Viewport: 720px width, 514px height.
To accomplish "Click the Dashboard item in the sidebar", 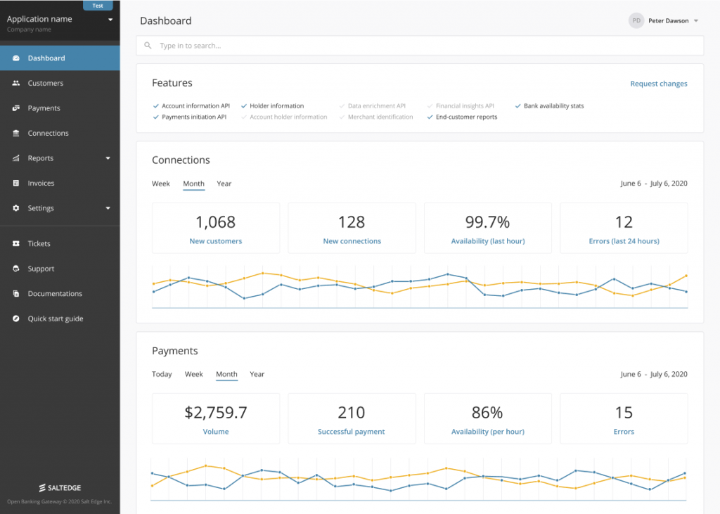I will click(46, 58).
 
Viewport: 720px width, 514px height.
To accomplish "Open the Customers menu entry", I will click(45, 83).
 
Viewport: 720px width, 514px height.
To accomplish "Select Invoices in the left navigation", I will click(41, 183).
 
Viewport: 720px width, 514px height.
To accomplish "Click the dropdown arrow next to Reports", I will click(108, 158).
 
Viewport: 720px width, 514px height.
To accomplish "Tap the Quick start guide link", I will click(55, 319).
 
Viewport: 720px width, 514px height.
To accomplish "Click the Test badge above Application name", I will click(98, 6).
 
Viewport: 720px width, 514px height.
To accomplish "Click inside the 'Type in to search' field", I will click(422, 46).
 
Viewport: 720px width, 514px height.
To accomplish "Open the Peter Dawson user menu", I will click(664, 21).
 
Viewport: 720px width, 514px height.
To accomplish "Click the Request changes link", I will click(658, 84).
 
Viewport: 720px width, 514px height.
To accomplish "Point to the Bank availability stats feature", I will click(553, 106).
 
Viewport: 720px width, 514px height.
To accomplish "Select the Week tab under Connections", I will click(161, 184).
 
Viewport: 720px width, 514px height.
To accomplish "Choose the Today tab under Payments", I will click(162, 374).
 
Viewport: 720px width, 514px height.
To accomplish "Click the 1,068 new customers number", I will click(215, 222).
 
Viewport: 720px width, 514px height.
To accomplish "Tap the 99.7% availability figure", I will click(487, 222).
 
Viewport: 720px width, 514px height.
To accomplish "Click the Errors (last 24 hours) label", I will click(624, 241).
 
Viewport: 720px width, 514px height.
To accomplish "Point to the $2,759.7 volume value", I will click(215, 413).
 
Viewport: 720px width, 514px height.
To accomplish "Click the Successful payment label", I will click(351, 432).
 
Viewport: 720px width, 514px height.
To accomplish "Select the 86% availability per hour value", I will click(487, 413).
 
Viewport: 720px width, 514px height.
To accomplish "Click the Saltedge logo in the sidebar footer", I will click(60, 487).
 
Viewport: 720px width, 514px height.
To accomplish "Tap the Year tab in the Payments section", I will click(257, 374).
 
